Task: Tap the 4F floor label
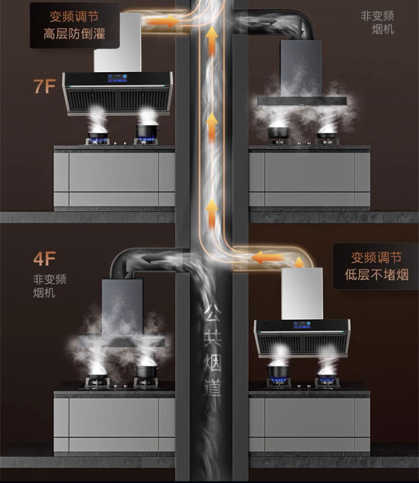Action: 45,259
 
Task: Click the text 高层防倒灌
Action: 74,34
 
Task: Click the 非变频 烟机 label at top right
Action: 378,22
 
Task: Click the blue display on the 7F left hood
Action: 118,78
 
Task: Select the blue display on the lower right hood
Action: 302,325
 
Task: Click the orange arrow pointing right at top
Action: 162,21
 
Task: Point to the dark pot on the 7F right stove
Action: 278,131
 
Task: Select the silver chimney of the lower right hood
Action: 302,293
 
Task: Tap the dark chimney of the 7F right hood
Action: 301,68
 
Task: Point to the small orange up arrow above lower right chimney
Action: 299,261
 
